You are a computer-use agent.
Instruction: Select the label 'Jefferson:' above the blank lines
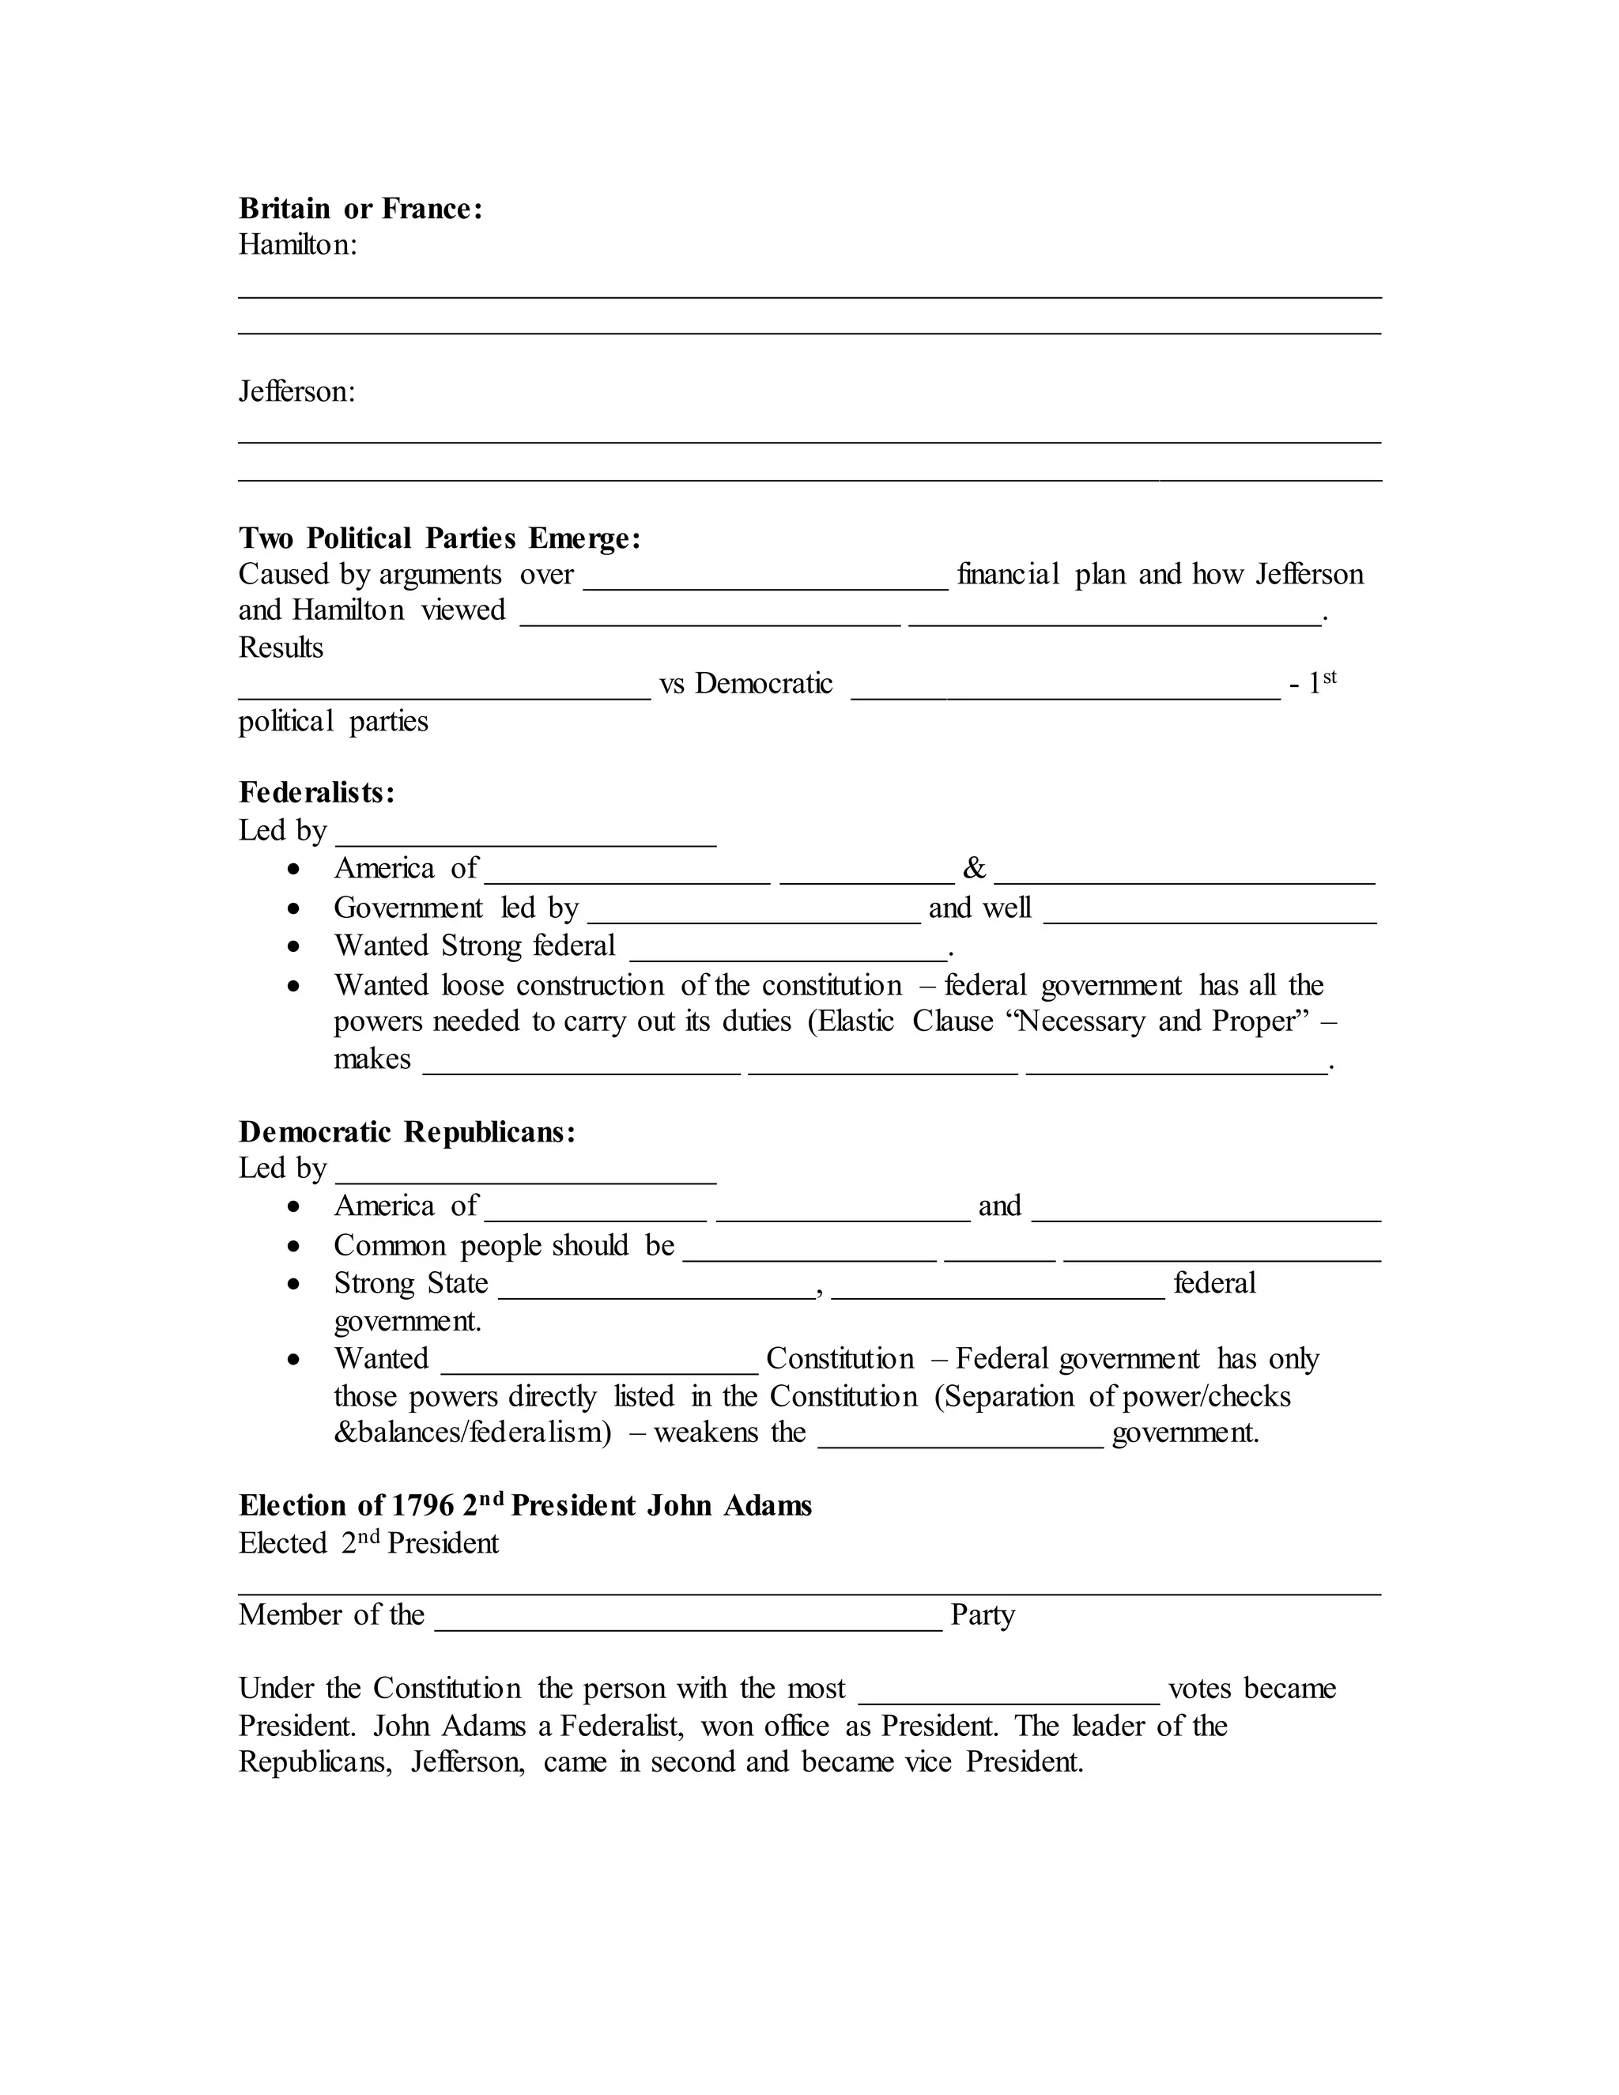click(296, 391)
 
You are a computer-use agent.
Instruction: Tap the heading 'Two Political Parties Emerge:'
click(440, 538)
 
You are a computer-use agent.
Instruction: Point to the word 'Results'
click(280, 647)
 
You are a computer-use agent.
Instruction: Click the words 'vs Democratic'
click(746, 684)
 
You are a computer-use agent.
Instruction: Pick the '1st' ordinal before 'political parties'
click(1322, 682)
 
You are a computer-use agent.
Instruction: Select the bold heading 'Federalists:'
click(316, 792)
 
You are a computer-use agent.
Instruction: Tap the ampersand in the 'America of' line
click(973, 868)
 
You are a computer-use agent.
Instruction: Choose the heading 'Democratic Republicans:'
click(406, 1132)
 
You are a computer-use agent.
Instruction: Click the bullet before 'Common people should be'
click(294, 1246)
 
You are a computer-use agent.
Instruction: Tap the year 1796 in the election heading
click(423, 1505)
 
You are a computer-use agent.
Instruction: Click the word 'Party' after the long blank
click(982, 1614)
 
